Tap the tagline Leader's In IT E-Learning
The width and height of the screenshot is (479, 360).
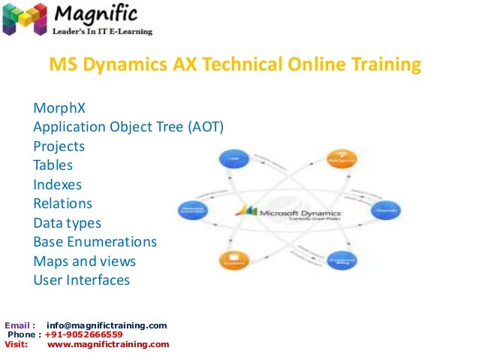tap(102, 32)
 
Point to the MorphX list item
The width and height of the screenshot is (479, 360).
tap(59, 107)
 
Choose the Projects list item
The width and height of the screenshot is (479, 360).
tap(59, 146)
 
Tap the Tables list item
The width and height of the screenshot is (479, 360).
tap(53, 165)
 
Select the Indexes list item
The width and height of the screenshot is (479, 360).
tap(57, 184)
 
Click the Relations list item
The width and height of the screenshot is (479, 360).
tap(62, 203)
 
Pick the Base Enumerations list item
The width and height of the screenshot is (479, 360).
tap(95, 242)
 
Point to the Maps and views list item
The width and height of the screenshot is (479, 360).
tap(84, 262)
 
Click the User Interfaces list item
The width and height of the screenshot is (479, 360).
tap(81, 280)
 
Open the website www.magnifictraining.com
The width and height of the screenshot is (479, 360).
tap(108, 344)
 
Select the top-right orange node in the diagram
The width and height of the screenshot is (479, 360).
tap(339, 159)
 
